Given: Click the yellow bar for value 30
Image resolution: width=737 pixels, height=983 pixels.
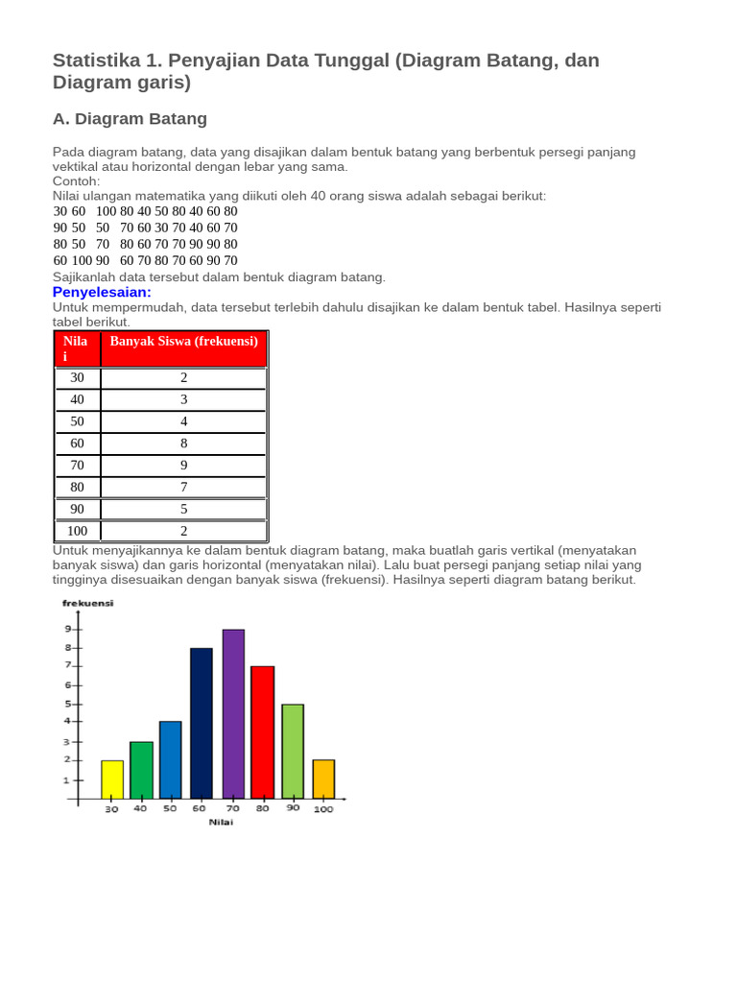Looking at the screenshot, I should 112,779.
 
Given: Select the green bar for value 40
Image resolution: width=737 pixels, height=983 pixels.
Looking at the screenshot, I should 141,769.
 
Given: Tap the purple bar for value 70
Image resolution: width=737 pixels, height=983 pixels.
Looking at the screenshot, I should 233,713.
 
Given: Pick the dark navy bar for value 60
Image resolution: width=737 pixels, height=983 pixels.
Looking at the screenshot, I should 202,723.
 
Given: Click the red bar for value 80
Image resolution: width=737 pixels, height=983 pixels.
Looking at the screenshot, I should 263,731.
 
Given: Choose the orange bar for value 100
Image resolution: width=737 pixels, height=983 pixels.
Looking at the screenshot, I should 323,779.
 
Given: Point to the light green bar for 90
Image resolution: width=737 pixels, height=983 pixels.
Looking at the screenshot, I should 293,751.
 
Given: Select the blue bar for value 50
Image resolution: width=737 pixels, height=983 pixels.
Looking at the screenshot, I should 171,759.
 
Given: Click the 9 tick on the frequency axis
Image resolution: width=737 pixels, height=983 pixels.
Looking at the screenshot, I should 68,629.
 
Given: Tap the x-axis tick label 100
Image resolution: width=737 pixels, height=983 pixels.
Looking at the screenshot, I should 323,809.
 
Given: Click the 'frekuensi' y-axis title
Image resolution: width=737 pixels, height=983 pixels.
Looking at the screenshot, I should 87,603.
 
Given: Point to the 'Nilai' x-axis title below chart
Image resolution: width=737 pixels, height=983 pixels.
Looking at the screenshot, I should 220,822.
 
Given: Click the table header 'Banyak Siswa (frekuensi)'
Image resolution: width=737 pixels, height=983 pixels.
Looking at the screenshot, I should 183,341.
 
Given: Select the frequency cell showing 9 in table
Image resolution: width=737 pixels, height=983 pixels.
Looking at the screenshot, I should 183,465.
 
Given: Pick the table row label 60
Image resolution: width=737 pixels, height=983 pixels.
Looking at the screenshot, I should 78,443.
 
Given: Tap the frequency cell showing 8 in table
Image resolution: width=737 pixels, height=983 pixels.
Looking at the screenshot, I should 183,443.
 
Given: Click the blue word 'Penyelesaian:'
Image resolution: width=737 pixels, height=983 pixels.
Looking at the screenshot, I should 102,292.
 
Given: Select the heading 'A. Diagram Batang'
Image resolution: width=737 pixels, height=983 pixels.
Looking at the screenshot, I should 130,119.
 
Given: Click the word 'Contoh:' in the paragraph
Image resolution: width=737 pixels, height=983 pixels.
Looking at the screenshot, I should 76,180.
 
